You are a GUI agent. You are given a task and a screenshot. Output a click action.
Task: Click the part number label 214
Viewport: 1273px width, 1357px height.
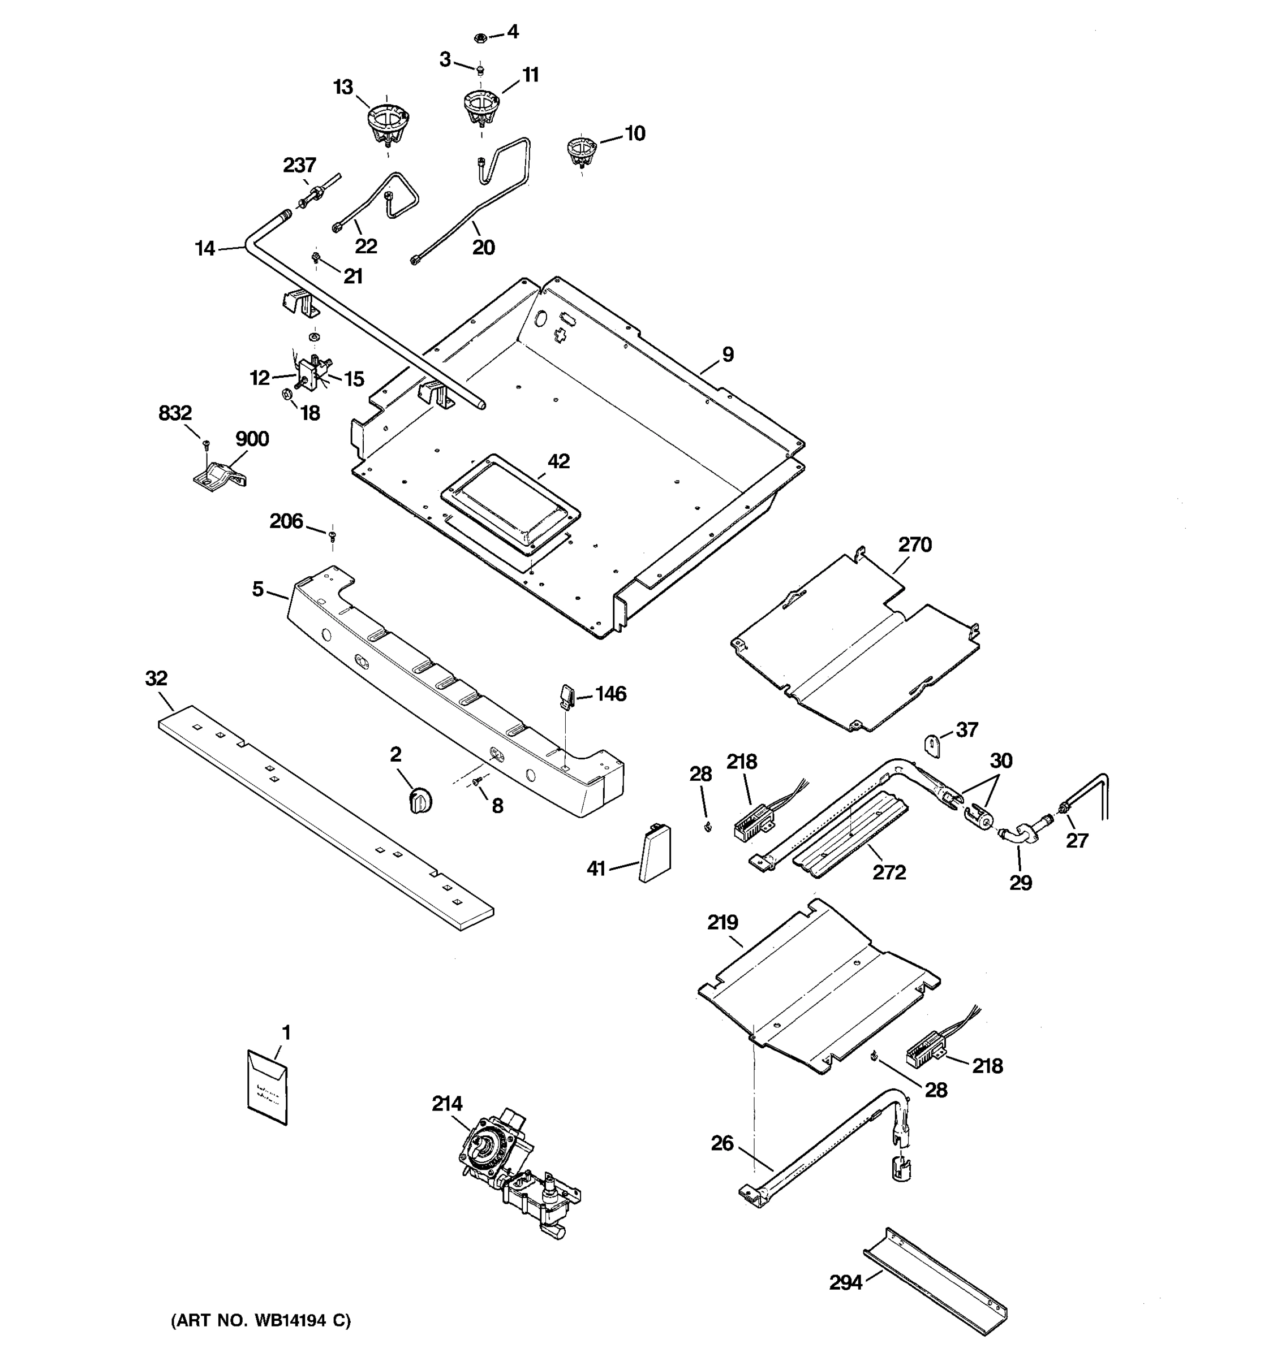coord(446,1104)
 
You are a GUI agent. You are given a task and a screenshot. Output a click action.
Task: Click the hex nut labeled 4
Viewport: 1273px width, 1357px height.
coord(480,37)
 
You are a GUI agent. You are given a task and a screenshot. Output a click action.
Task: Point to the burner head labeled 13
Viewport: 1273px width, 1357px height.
coord(387,122)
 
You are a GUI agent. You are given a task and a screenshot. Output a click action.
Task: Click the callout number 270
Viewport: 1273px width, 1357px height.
coord(914,544)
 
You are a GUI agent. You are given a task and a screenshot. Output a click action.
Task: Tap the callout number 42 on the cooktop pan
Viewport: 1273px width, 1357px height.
coord(558,461)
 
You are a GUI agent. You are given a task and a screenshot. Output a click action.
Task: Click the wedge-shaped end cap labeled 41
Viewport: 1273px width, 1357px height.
coord(654,853)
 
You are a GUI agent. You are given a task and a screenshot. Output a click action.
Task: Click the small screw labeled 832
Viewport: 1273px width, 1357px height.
coord(205,444)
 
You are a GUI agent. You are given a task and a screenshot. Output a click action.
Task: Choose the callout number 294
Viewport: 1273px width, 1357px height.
coord(845,1283)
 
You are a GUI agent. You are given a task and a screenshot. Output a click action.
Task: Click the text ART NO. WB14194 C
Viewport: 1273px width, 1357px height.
coord(261,1321)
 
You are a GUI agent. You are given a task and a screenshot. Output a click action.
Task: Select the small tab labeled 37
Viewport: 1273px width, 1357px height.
coord(933,744)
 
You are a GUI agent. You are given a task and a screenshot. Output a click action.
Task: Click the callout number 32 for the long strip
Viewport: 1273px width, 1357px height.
coord(156,678)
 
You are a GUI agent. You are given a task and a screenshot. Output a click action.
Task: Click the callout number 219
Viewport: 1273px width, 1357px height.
coord(722,923)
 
